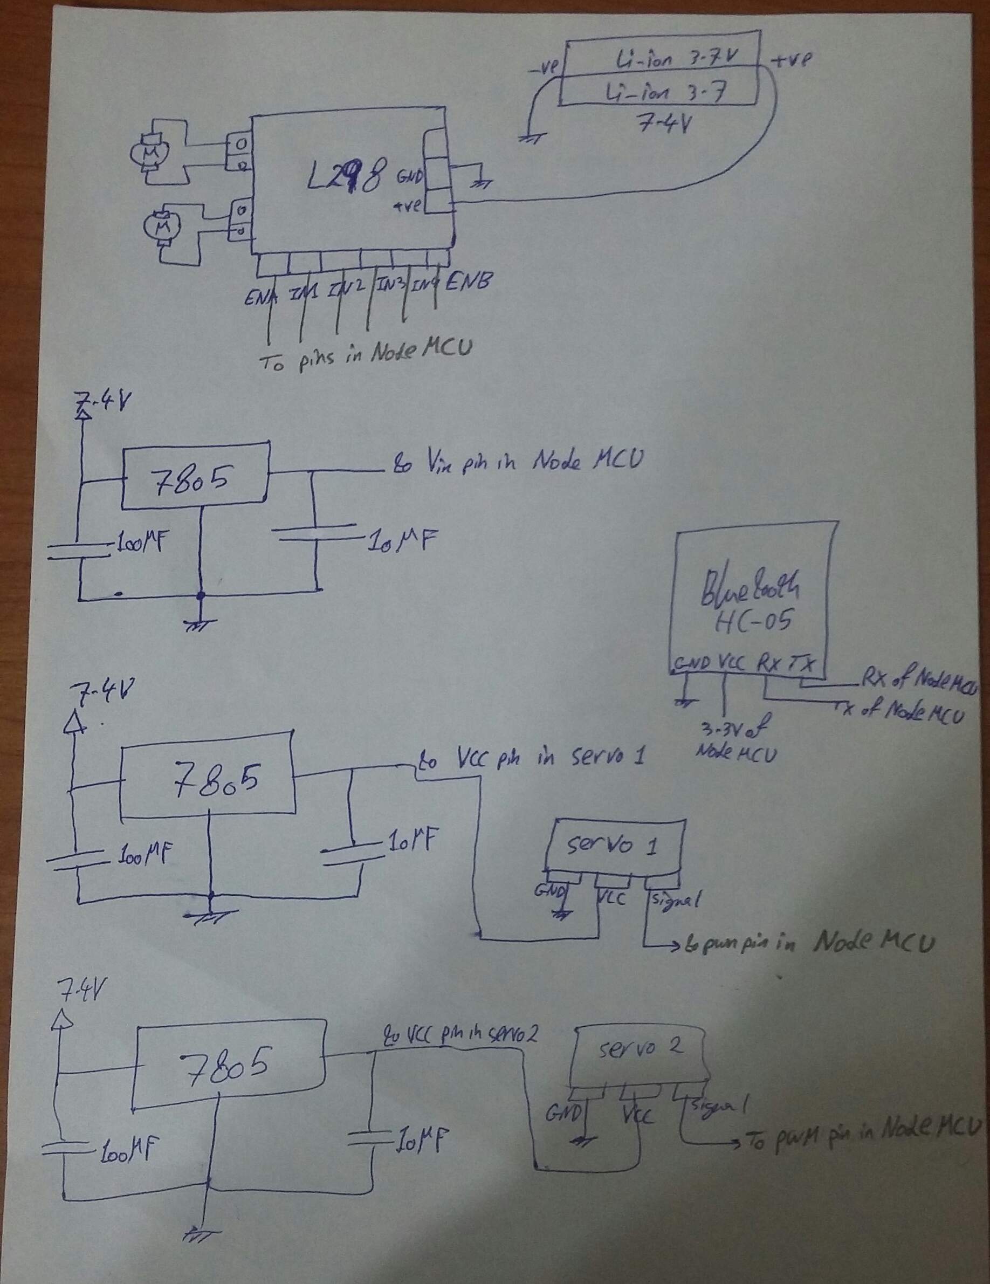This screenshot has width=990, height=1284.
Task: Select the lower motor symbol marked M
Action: point(163,226)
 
